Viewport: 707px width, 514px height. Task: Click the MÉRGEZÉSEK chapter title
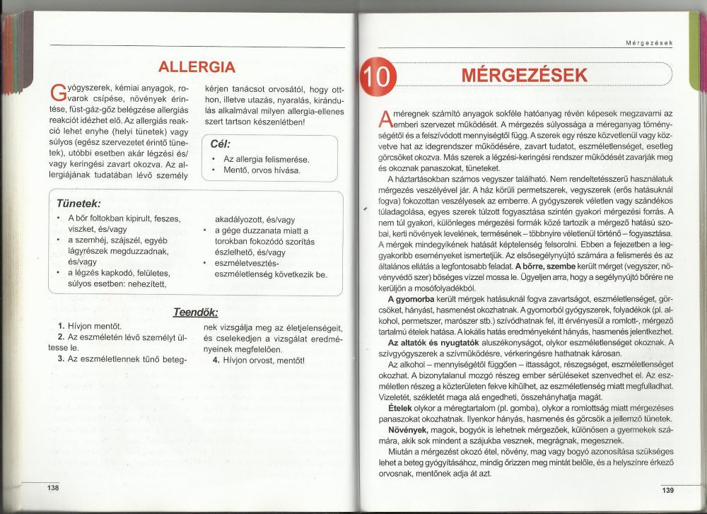tap(523, 76)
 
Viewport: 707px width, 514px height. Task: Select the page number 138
tap(53, 489)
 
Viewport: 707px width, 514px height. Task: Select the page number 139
tap(668, 491)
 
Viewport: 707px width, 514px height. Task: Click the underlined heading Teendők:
tap(196, 312)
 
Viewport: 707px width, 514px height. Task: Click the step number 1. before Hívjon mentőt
tap(62, 327)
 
